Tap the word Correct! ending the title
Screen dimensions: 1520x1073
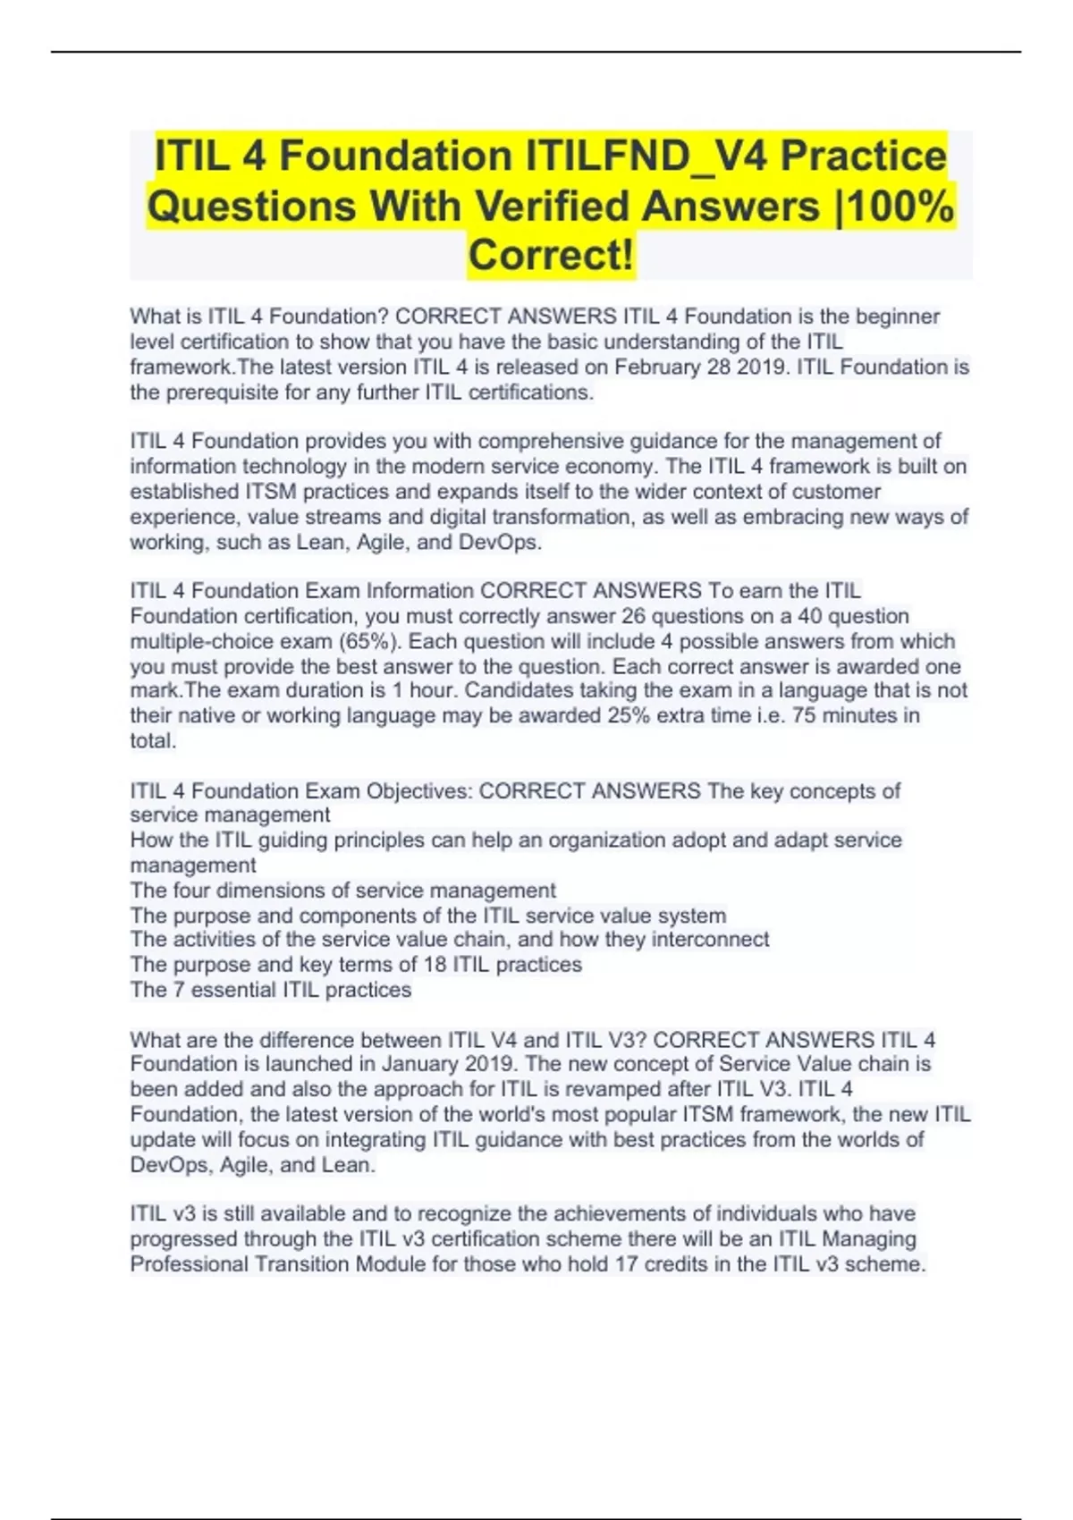click(551, 255)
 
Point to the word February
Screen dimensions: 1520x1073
click(657, 367)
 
